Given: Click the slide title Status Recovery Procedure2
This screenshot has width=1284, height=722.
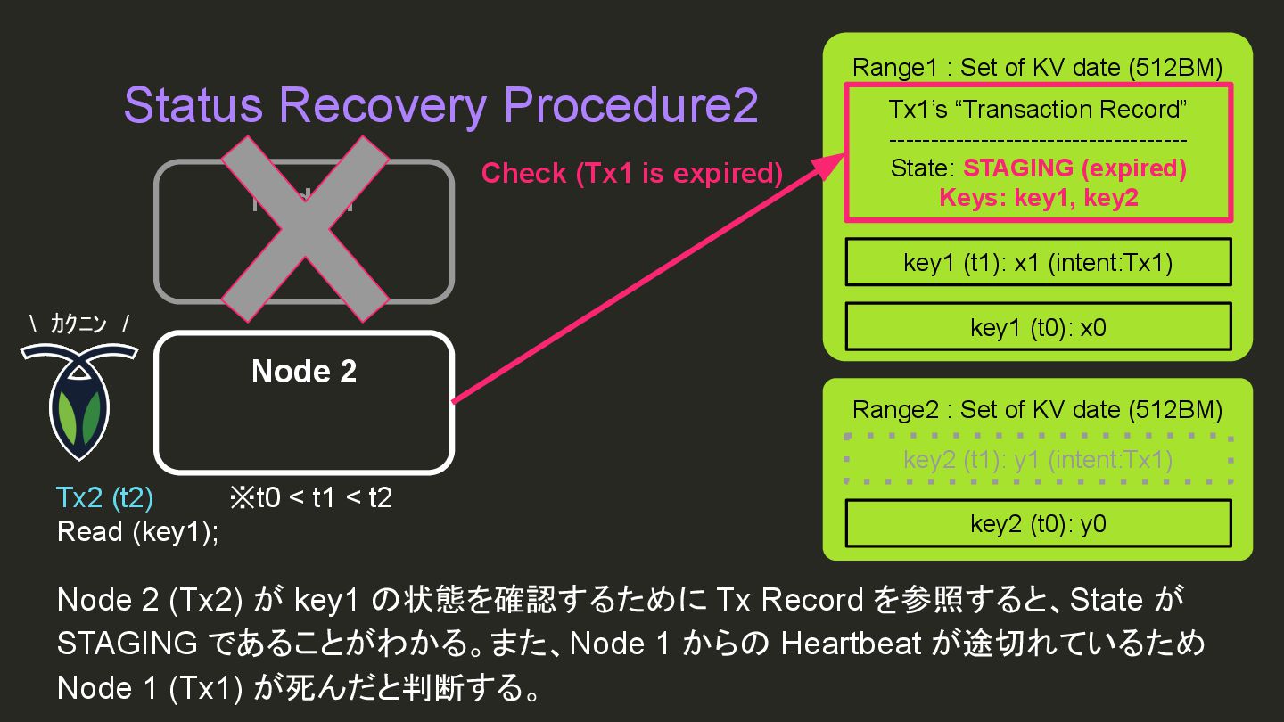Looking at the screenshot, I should pos(440,106).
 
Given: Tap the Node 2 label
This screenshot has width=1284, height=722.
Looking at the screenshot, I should pos(304,371).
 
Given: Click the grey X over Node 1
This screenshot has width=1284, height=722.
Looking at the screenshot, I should pos(304,230).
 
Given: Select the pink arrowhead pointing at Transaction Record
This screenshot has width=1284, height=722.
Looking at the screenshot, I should pos(828,167).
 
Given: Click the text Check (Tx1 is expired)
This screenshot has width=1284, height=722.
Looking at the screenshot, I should pos(631,173).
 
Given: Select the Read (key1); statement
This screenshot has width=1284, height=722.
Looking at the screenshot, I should pos(137,532).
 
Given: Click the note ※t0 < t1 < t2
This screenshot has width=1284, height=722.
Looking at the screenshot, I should pos(310,497).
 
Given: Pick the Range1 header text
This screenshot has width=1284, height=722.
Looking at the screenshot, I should pos(1037,68).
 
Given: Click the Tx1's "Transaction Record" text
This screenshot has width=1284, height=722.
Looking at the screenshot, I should pos(1037,110).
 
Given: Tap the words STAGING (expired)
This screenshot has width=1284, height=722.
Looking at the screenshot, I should pos(1074,168).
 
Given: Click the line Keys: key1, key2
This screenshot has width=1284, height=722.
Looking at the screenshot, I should pos(1038,198).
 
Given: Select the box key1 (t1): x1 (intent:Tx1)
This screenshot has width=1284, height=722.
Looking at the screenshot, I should pos(1038,262).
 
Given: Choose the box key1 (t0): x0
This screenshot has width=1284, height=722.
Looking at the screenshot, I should pos(1038,327).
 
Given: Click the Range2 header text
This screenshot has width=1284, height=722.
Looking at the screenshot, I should pos(1037,410).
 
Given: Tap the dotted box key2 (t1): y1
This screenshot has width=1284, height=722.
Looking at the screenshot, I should pos(1038,460).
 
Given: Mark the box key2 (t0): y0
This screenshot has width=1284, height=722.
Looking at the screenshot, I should pos(1038,524).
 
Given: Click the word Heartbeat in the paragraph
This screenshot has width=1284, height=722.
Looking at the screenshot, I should pos(851,644).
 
